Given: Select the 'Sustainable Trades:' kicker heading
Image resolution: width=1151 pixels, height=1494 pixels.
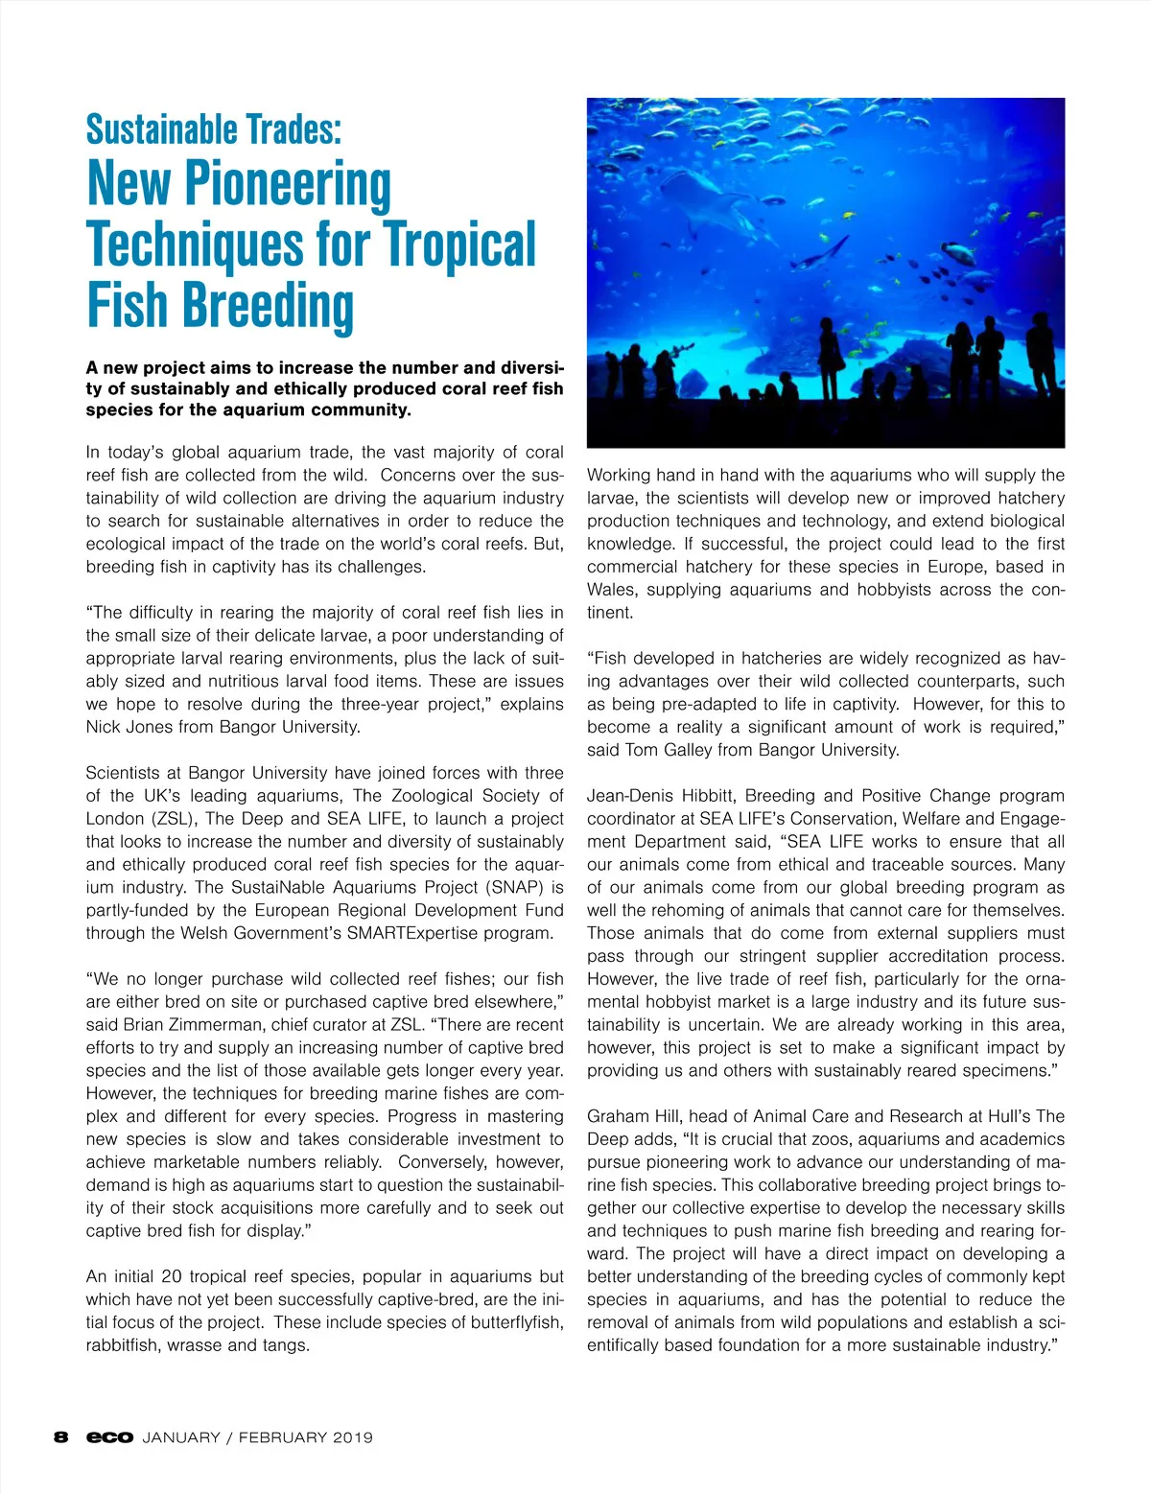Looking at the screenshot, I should pos(213,129).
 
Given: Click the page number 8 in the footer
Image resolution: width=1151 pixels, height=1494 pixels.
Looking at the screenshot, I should pos(61,1437).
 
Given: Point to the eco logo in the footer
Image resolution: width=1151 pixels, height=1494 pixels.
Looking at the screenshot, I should pos(109,1437).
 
